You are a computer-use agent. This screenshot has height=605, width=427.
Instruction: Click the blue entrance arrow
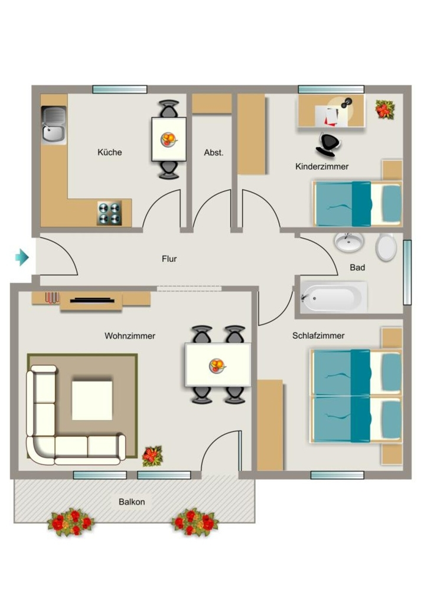(22, 257)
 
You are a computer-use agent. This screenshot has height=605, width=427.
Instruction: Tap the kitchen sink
(54, 125)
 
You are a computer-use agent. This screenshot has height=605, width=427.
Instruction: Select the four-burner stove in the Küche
(109, 213)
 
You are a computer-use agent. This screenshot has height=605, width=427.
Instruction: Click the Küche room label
(109, 152)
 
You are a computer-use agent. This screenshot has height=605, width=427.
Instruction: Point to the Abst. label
(213, 152)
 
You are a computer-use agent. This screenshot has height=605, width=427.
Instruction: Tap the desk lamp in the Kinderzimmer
(345, 103)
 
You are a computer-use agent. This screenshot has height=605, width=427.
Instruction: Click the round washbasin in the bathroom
(348, 242)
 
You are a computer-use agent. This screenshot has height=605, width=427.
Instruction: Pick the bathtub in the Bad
(334, 297)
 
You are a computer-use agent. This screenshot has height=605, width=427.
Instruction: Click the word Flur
(169, 259)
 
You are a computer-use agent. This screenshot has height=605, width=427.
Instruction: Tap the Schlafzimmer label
(318, 336)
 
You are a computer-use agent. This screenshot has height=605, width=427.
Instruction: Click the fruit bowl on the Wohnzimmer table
(217, 365)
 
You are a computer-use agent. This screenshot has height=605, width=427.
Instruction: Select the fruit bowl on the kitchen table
(169, 139)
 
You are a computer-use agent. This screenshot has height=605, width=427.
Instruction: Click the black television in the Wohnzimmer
(92, 300)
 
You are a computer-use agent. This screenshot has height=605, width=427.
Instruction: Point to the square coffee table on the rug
(92, 400)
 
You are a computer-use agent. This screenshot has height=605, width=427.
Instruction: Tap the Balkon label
(132, 502)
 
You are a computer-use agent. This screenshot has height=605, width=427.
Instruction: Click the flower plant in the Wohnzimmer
(153, 456)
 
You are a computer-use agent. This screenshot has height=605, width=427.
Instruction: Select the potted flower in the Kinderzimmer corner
(385, 109)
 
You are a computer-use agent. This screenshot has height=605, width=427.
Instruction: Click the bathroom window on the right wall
(407, 272)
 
